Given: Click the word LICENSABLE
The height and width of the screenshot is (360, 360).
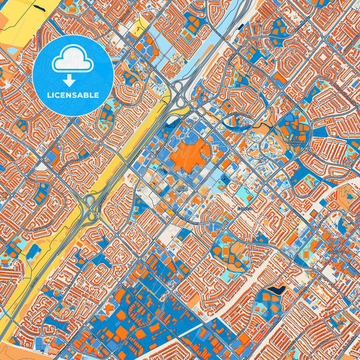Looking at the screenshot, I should (72, 95).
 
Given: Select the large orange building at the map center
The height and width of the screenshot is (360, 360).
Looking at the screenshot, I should (188, 153).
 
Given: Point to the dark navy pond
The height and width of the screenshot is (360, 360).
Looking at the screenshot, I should (274, 291).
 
